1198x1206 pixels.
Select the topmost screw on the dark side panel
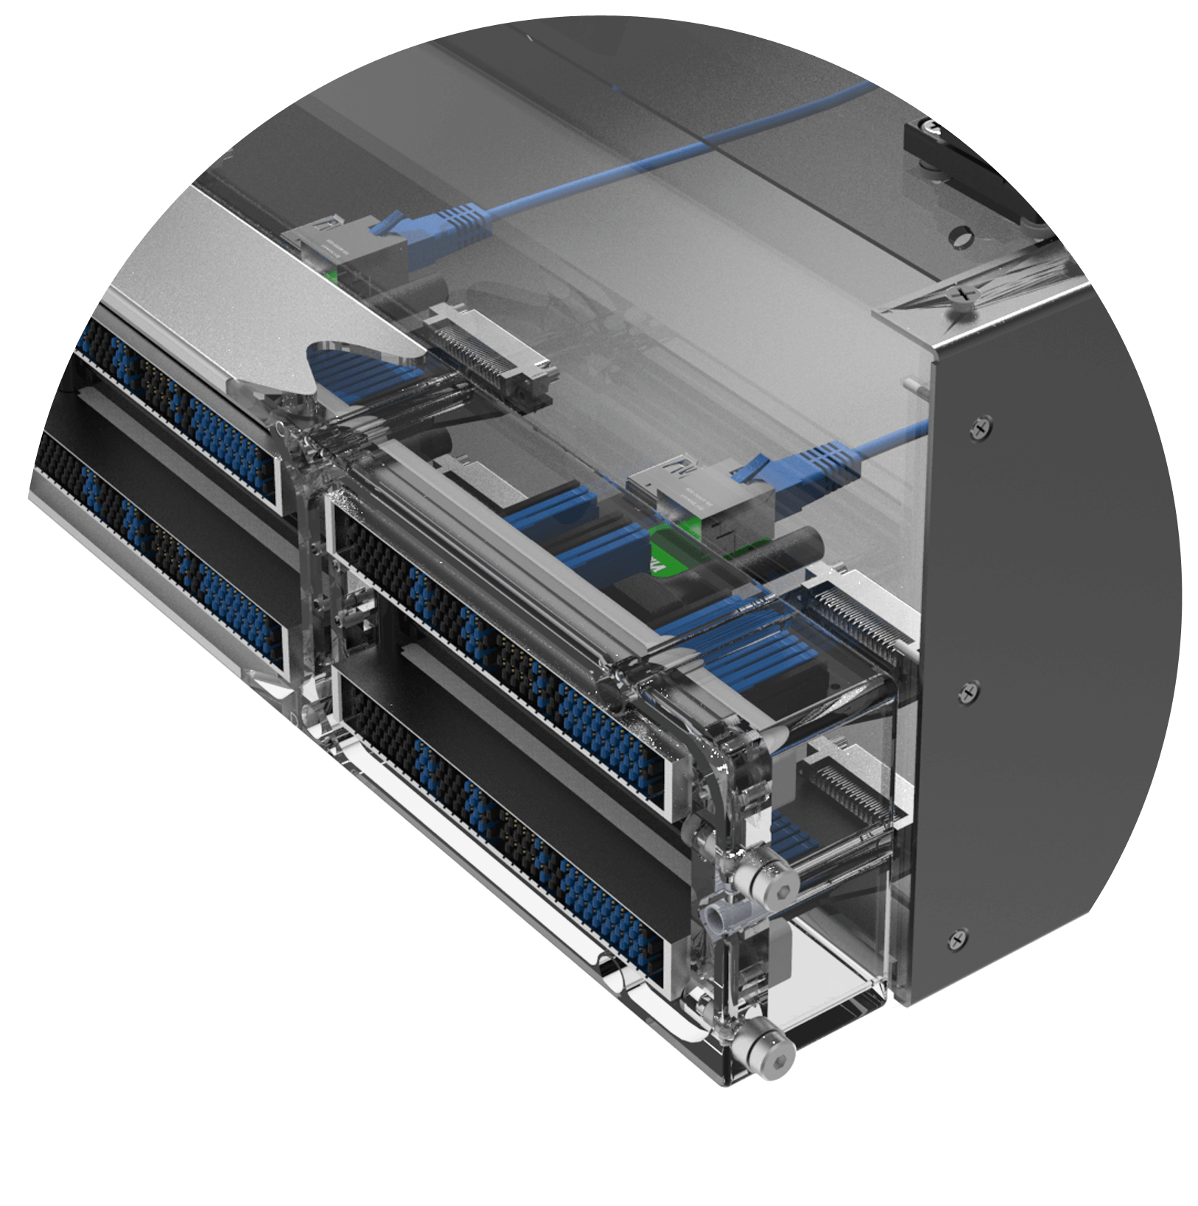pyautogui.click(x=980, y=426)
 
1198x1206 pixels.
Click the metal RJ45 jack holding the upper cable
pyautogui.click(x=346, y=247)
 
